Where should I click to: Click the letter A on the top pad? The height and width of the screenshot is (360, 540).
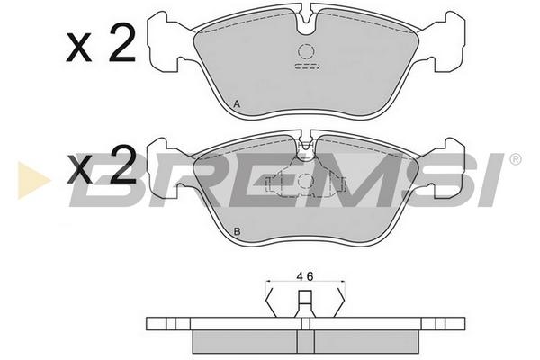237,103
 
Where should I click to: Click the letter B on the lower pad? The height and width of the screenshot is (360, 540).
237,231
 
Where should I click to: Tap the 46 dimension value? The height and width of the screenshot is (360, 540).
305,276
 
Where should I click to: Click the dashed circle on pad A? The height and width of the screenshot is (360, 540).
306,52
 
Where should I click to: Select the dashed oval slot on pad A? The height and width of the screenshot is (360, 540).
308,67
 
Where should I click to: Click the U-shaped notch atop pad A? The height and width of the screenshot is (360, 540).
305,21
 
